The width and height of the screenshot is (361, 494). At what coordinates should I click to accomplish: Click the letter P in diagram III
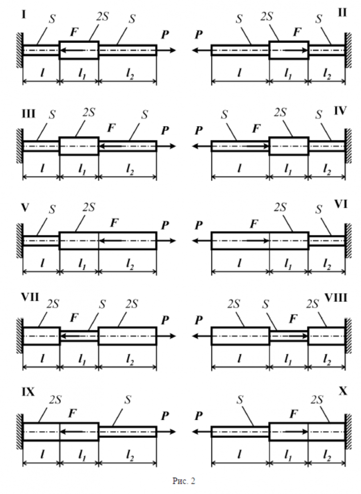click(x=164, y=130)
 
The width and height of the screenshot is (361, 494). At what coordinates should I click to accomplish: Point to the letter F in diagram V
click(x=115, y=223)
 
